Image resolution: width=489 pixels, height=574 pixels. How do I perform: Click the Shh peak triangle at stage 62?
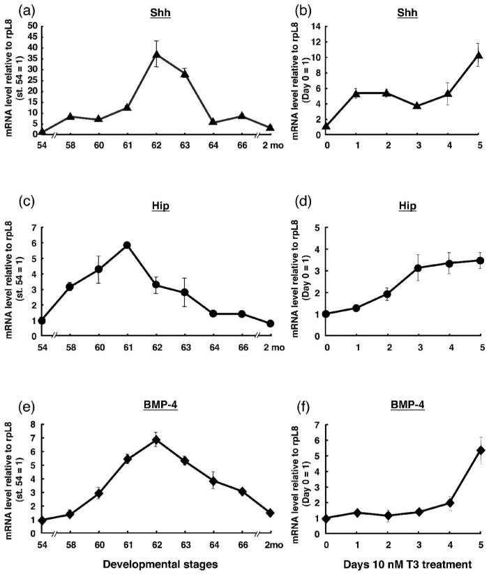tap(157, 54)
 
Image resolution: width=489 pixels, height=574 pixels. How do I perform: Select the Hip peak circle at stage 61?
tap(127, 245)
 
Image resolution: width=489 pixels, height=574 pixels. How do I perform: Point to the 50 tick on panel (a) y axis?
tap(31, 26)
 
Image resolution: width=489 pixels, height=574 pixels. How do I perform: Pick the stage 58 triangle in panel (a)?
tap(70, 116)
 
